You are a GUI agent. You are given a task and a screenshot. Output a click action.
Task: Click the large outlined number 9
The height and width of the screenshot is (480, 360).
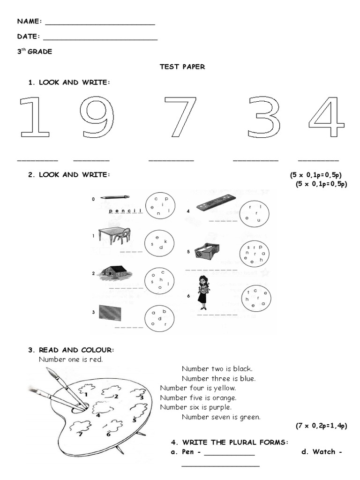[x=97, y=117]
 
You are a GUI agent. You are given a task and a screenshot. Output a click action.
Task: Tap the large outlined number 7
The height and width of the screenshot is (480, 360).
[x=180, y=117]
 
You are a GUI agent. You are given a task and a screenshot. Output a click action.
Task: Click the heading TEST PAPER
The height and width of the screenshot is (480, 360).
[x=182, y=67]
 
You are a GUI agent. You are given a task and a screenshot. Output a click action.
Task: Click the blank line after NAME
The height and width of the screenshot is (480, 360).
[x=100, y=23]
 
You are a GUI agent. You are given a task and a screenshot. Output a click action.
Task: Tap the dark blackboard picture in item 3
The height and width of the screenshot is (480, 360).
[x=110, y=312]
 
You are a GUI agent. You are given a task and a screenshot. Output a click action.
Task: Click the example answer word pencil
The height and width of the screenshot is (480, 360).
[x=125, y=211]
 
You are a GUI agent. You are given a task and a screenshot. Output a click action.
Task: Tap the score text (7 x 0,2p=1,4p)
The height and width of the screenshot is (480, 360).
[x=321, y=426]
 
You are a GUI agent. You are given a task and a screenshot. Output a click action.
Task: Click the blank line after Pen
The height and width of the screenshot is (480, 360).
[x=229, y=453]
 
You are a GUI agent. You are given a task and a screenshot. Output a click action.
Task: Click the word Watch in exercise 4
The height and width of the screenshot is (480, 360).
[x=324, y=452]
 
